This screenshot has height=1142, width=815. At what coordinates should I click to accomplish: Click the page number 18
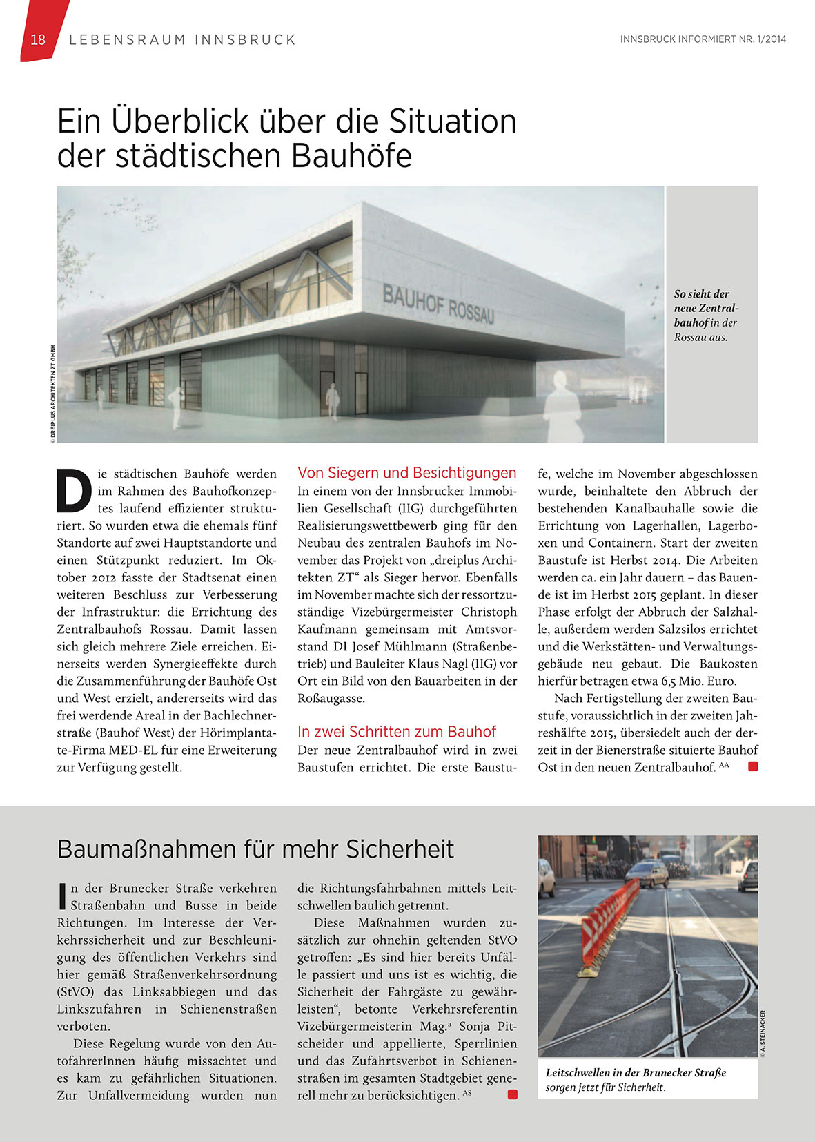(38, 40)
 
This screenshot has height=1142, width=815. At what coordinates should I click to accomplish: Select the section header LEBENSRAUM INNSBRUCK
(183, 40)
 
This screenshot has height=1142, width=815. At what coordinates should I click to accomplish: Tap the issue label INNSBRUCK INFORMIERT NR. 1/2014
(703, 39)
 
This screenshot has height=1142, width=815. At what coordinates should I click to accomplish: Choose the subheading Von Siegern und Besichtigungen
(406, 473)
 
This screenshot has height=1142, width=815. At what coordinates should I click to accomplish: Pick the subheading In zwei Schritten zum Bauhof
(397, 732)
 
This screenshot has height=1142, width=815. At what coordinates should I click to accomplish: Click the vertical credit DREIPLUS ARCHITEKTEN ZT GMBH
(52, 392)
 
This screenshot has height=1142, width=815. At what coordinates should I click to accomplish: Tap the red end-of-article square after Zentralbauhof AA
(753, 766)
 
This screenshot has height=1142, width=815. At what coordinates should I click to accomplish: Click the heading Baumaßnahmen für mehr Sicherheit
(255, 849)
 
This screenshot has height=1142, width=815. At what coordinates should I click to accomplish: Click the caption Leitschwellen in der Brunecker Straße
(636, 1073)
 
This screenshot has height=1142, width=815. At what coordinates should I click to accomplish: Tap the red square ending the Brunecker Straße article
(512, 1094)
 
